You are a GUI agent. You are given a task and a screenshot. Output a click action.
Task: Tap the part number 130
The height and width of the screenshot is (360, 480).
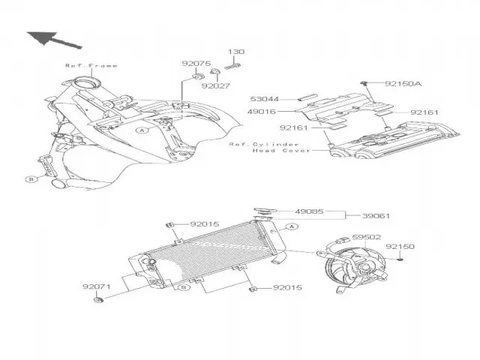coord(235,52)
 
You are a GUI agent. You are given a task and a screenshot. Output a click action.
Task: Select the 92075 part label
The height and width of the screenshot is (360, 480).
coord(193,64)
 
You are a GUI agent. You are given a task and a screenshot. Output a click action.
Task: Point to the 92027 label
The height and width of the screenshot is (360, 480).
coord(214,85)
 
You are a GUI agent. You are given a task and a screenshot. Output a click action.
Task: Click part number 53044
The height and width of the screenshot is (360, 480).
coord(263,97)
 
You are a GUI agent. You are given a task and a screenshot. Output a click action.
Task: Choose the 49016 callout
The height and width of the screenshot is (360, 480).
coord(263,110)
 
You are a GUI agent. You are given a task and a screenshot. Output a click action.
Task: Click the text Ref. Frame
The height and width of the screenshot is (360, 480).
coord(91,65)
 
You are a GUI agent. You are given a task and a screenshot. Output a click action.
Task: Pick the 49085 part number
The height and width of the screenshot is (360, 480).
coord(310,212)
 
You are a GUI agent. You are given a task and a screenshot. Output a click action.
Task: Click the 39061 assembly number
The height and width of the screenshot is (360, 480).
coord(376,215)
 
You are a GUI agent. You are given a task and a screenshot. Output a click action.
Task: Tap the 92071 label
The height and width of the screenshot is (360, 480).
coord(97,286)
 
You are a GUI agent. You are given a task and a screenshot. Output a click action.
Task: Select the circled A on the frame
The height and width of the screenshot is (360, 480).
coord(140,130)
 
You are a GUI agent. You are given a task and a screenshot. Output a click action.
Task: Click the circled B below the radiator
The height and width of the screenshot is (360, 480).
coord(182,287)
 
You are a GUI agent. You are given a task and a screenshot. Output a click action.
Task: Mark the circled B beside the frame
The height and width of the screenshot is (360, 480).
coord(31,179)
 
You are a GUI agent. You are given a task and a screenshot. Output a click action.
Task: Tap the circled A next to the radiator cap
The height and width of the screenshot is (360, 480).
coord(293,226)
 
